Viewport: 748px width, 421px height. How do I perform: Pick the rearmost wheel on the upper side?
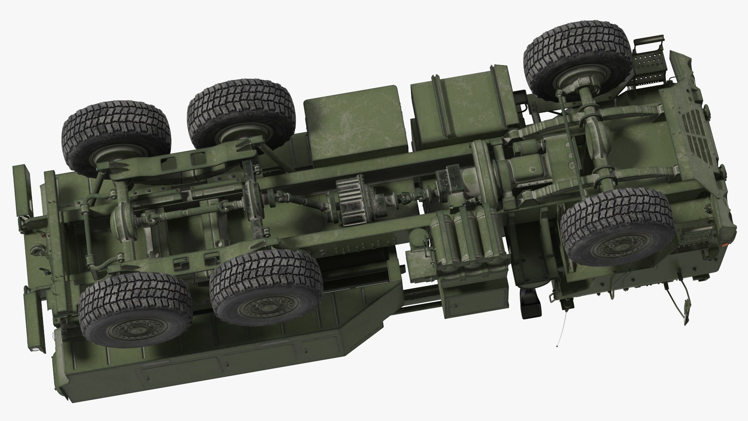click(x=116, y=139)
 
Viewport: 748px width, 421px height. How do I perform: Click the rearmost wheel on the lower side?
click(x=134, y=310)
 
